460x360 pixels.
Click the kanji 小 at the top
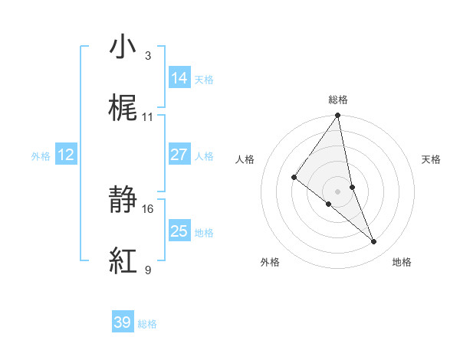pos(123,47)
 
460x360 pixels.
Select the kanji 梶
pos(123,109)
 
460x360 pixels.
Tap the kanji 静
pos(123,201)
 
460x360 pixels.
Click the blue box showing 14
pos(179,78)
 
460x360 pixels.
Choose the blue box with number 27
pos(179,155)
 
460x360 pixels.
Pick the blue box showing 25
pos(179,231)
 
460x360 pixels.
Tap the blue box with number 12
pos(66,155)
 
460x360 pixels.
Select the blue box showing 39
pos(123,322)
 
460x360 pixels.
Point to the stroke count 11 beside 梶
pos(148,117)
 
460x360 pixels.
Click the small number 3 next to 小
pos(148,56)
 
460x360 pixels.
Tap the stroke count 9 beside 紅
pos(148,270)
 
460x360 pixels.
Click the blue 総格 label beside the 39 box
pos(147,325)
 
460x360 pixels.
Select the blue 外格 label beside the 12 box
pos(41,156)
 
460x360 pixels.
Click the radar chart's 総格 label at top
pos(337,100)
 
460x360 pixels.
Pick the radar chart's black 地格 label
pos(402,262)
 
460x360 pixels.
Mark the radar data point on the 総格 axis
pos(337,116)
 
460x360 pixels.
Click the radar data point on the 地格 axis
pos(374,242)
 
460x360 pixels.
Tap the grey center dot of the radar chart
pos(337,191)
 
